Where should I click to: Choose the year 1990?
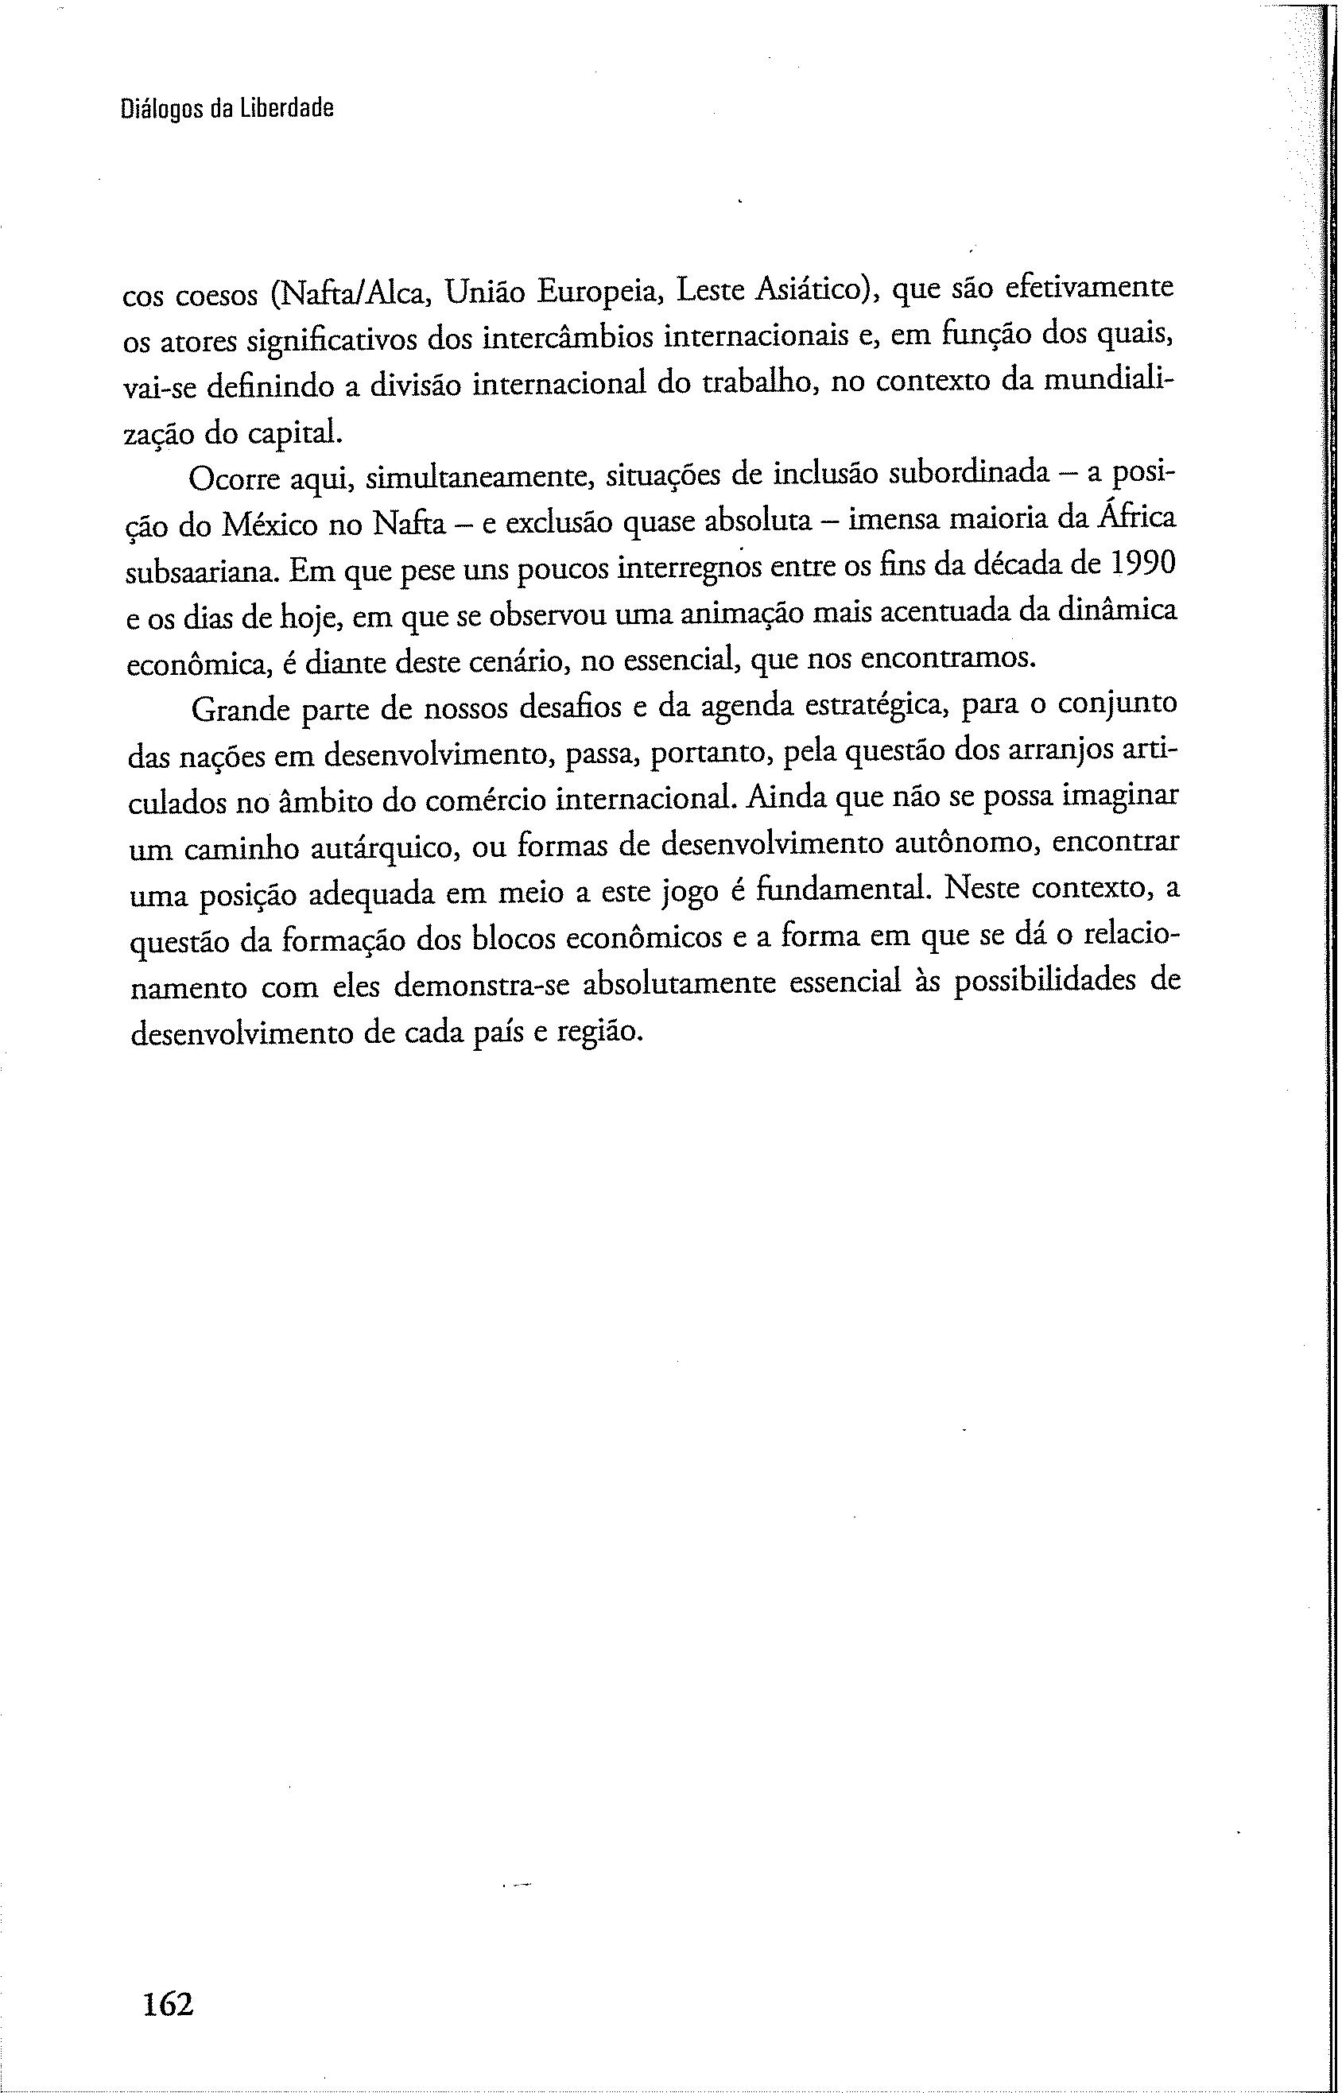[x=1144, y=564]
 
